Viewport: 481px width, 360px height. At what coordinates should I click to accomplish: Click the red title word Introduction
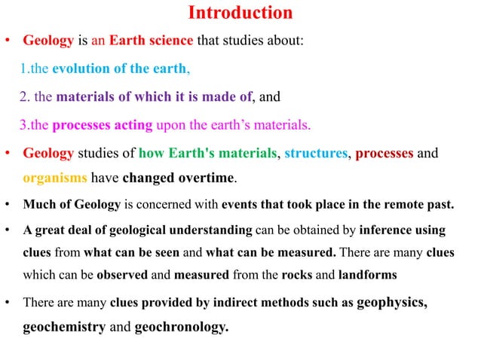click(240, 13)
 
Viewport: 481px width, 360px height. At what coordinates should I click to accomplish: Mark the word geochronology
click(180, 328)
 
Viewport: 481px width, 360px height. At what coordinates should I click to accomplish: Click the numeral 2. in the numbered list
click(25, 96)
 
